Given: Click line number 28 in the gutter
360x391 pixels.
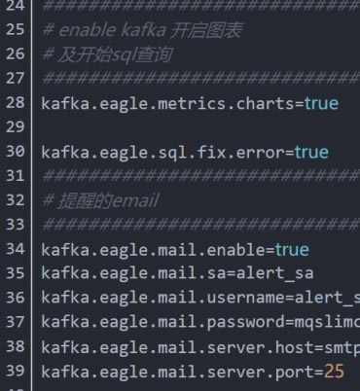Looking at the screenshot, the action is pyautogui.click(x=15, y=102).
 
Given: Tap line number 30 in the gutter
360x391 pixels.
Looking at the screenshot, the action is pyautogui.click(x=15, y=152).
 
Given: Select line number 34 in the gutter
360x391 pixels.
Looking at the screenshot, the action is pyautogui.click(x=15, y=250).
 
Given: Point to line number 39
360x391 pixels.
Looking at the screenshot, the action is pyautogui.click(x=15, y=372).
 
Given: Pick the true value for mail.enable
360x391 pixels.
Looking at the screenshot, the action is pyautogui.click(x=291, y=250).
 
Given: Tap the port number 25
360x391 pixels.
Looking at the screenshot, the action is pyautogui.click(x=335, y=372).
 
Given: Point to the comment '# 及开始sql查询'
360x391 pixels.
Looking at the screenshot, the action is pyautogui.click(x=98, y=53).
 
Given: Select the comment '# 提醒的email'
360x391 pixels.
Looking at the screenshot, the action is pyautogui.click(x=87, y=200).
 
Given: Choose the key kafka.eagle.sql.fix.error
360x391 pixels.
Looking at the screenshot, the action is pyautogui.click(x=164, y=152).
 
